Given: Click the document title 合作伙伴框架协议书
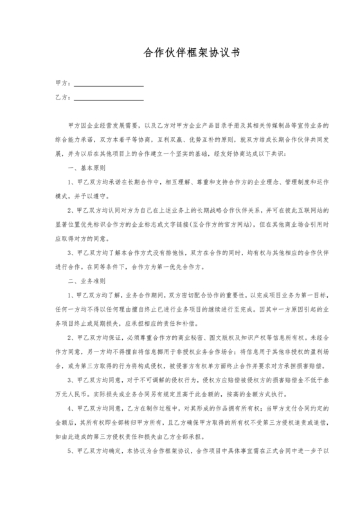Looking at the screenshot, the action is point(180,55).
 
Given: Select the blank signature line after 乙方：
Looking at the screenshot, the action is point(109,98).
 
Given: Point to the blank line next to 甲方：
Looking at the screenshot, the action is point(109,84).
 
